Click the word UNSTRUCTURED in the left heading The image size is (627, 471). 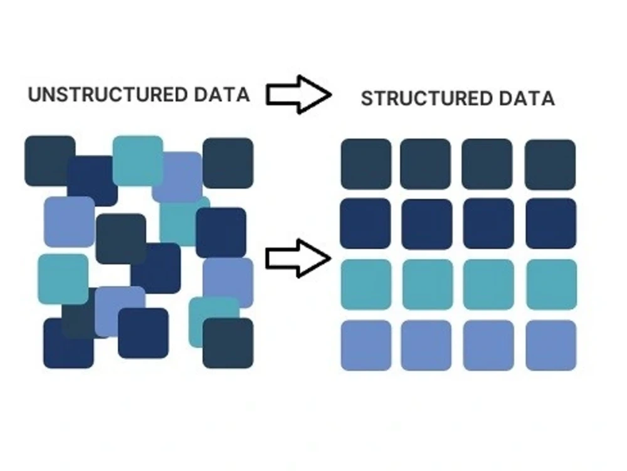point(108,94)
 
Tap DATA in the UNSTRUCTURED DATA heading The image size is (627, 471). point(222,94)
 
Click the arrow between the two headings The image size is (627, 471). point(298,94)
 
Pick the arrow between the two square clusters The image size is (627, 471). point(298,258)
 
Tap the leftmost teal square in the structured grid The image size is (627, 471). point(366,284)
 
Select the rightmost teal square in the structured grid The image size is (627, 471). point(551,284)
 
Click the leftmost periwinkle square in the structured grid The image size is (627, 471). point(366,345)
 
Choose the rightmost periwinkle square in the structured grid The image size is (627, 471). point(551,345)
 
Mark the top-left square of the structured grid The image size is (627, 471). point(366,164)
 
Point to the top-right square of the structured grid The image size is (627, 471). point(551,164)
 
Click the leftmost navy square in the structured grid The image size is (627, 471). point(366,223)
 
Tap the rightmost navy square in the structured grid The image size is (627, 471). point(551,223)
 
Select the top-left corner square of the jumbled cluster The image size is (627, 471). point(50,161)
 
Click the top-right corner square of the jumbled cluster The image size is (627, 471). point(228,163)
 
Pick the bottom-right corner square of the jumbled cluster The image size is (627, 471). point(228,343)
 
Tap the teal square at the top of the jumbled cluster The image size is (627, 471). point(137,161)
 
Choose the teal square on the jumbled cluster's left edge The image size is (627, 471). point(63,279)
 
